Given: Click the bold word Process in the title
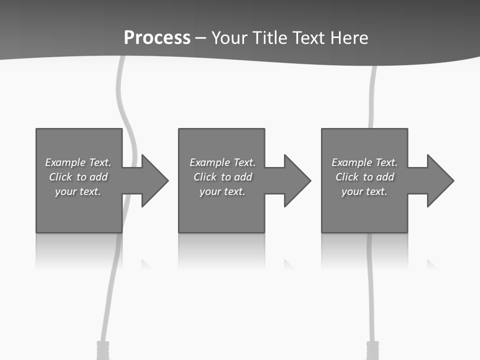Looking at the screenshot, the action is [157, 38].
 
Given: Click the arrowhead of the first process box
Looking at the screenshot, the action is [154, 180].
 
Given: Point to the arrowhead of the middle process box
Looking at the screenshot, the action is [297, 180].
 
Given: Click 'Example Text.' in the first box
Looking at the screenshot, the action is [78, 162].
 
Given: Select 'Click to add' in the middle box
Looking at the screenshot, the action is [222, 177].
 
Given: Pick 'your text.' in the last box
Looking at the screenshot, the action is [364, 191].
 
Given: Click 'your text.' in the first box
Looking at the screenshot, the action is [78, 191].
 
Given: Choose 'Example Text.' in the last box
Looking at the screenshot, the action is [364, 162].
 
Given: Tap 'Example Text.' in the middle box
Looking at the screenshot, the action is [222, 162].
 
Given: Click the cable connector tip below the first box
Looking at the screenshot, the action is [102, 350].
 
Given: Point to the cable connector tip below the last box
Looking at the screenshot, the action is [373, 350].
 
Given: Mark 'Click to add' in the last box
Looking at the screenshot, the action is [364, 177].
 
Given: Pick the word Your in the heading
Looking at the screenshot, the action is [229, 38].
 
